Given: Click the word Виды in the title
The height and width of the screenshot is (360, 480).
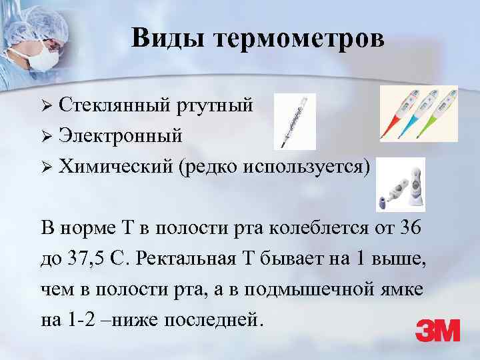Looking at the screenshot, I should (x=167, y=38).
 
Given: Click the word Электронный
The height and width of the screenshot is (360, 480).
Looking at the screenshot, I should (x=120, y=136).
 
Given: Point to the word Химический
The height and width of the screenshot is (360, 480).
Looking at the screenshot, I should (x=115, y=166).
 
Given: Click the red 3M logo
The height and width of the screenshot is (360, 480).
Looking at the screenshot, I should (x=437, y=330).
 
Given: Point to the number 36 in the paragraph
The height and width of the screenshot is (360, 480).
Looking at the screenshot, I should (x=411, y=227).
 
